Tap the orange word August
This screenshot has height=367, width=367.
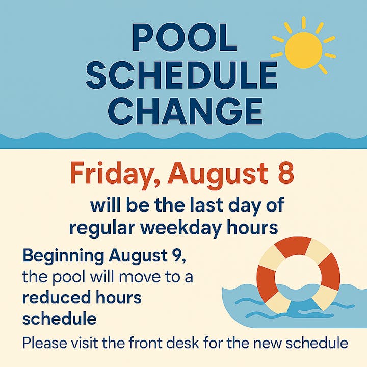[217, 175]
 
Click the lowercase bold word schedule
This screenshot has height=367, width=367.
[60, 319]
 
